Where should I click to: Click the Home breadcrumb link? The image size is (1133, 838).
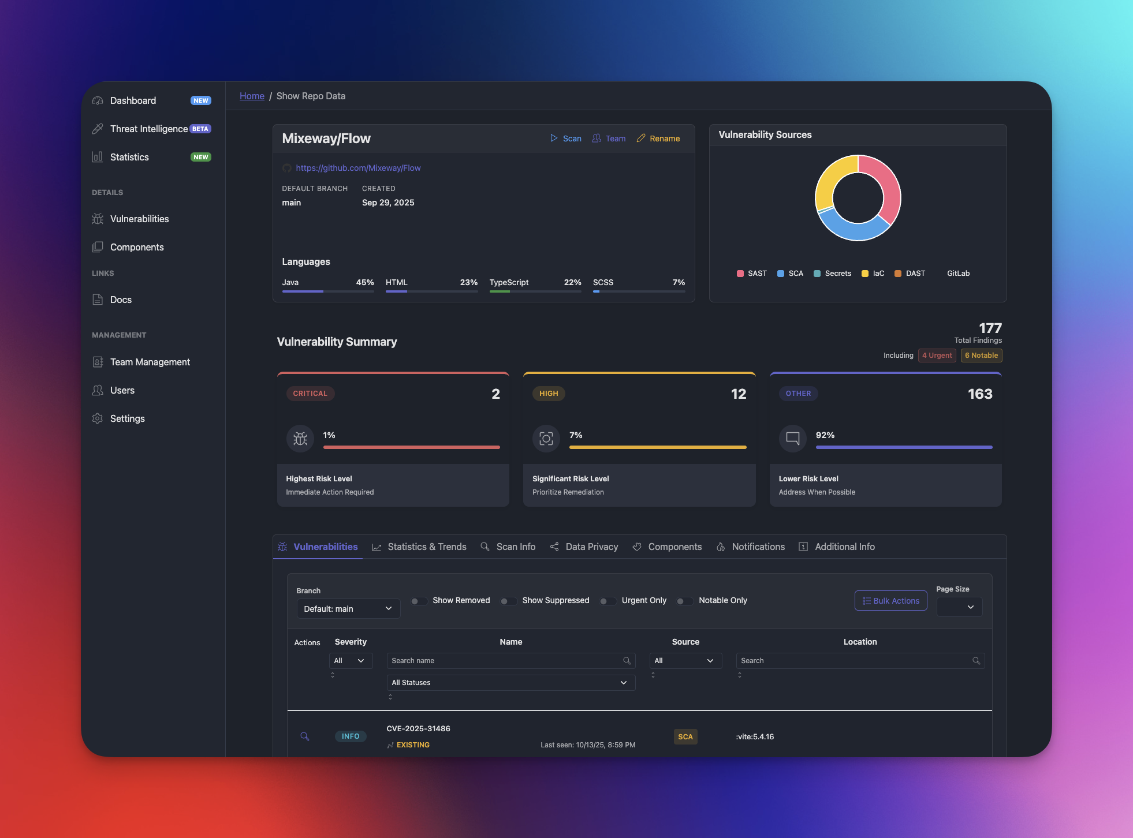(x=252, y=96)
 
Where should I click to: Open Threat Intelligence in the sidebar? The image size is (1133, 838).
(x=148, y=129)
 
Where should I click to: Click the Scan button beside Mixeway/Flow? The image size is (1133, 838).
(x=566, y=139)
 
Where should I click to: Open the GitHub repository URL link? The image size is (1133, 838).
(x=358, y=168)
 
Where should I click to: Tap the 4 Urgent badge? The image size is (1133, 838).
(x=937, y=356)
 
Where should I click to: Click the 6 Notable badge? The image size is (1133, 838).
(x=981, y=356)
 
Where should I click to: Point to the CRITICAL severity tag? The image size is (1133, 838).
(x=310, y=394)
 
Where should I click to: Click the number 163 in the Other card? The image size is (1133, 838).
(x=980, y=394)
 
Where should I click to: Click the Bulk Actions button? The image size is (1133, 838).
(x=890, y=601)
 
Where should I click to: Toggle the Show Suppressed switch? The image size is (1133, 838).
(x=508, y=601)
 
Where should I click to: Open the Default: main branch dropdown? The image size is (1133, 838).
(x=348, y=609)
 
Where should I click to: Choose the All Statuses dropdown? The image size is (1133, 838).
(x=510, y=683)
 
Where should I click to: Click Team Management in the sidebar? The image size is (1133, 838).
(x=150, y=362)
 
